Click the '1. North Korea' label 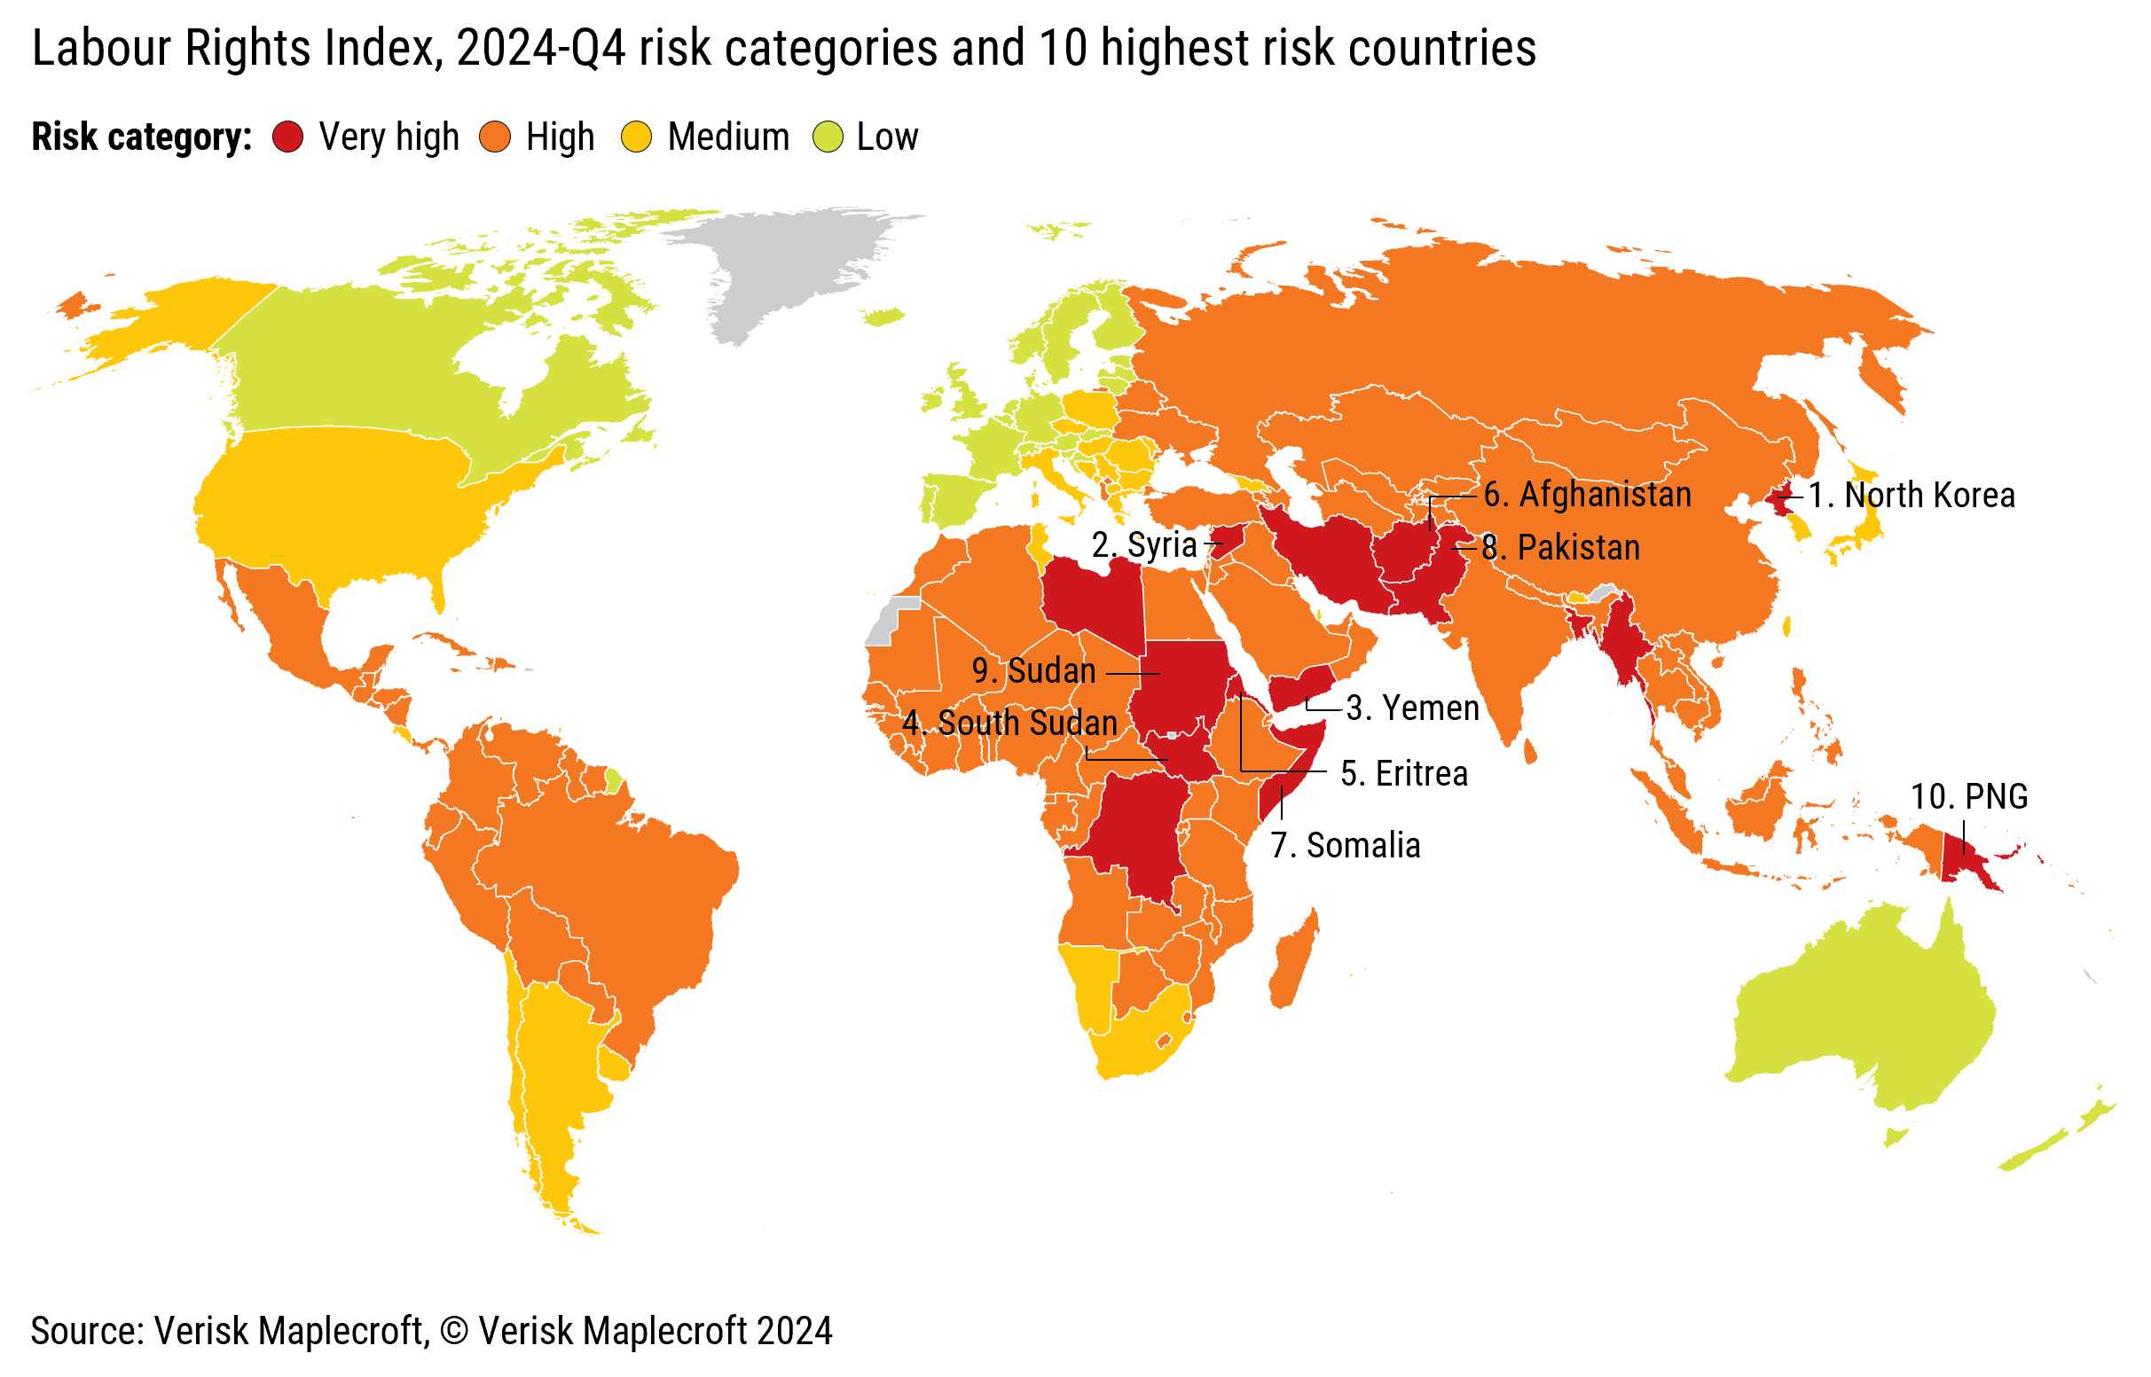(x=1912, y=496)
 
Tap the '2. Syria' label (x=1144, y=545)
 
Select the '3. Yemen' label (x=1412, y=708)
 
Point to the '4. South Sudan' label (x=1009, y=724)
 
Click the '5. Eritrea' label (x=1404, y=774)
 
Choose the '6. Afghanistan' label (x=1588, y=496)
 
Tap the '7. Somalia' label (x=1346, y=846)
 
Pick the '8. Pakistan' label (x=1561, y=548)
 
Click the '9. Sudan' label (x=1034, y=671)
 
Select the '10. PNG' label (x=1968, y=797)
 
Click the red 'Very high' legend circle (x=288, y=137)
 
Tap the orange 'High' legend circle (x=495, y=137)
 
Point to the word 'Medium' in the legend (x=728, y=137)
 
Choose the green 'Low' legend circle (x=828, y=137)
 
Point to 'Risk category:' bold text (x=141, y=137)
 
